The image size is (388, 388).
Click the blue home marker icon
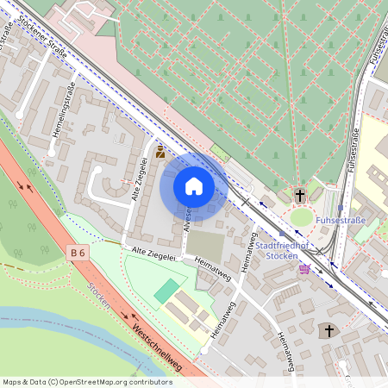[194, 186]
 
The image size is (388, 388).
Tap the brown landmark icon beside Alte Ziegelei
[160, 152]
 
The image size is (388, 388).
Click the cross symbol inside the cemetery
[301, 196]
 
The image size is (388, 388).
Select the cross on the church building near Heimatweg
[328, 331]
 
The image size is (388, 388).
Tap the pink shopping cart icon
[304, 269]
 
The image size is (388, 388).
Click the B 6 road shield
[78, 253]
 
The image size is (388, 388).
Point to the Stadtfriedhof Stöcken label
[284, 249]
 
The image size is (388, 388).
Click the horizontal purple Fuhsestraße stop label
[341, 221]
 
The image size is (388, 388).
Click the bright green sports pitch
[167, 290]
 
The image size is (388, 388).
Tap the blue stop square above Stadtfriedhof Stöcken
[281, 233]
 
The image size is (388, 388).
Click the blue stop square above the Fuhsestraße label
[341, 208]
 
